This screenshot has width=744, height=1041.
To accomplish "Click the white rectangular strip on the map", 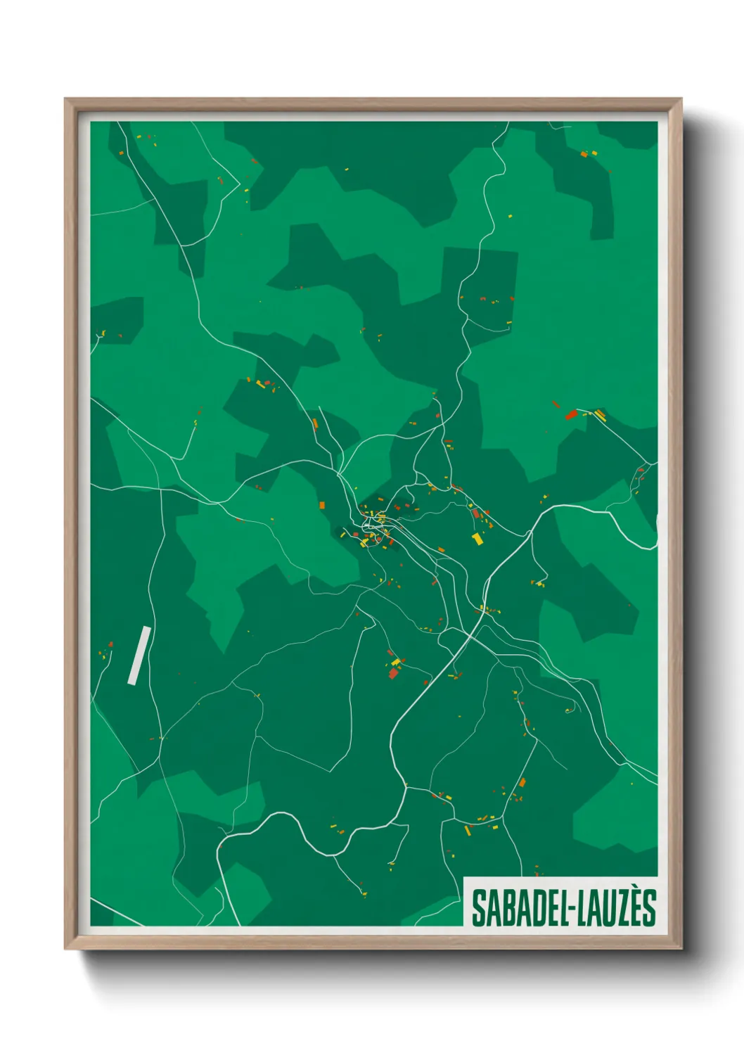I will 139,655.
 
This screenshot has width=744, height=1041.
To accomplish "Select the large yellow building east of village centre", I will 477,539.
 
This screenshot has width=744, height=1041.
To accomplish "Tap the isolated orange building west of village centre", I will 322,505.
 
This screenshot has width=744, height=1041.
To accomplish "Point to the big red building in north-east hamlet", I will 571,414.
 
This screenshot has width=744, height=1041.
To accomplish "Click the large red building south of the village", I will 394,673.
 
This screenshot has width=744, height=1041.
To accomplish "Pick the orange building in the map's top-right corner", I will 584,154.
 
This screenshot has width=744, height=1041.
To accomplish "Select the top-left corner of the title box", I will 465,878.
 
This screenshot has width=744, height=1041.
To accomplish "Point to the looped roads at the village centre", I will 371,524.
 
